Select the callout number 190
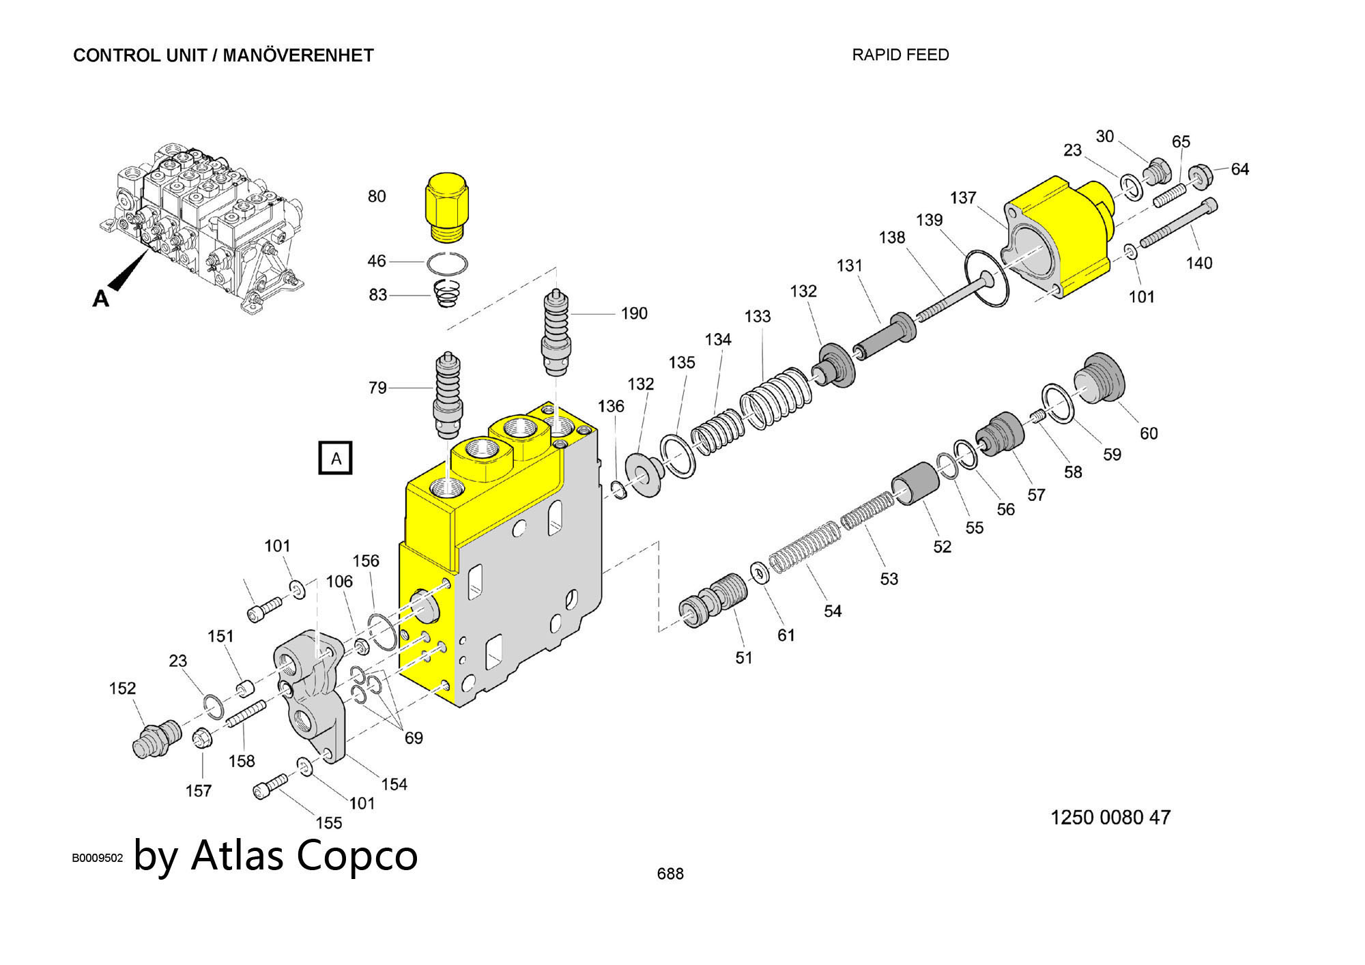633,313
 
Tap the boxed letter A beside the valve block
336,458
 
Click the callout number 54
832,611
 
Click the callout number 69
414,738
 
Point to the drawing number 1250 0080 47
1110,817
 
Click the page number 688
670,874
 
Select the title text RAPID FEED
900,55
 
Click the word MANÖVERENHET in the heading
298,55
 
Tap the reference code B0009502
97,858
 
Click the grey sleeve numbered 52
915,483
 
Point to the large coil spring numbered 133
777,399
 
